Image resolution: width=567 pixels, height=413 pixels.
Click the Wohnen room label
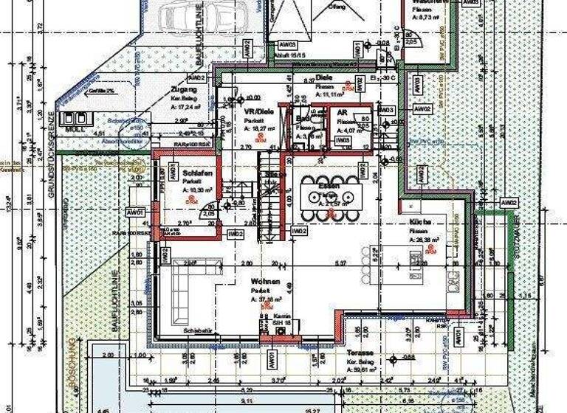(x=264, y=282)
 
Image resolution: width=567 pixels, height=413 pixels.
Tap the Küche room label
(x=421, y=222)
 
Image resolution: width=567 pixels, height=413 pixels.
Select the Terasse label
(x=361, y=353)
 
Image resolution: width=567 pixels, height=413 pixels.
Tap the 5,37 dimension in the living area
(x=340, y=263)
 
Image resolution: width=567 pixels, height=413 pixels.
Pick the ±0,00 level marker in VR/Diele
(x=252, y=97)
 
